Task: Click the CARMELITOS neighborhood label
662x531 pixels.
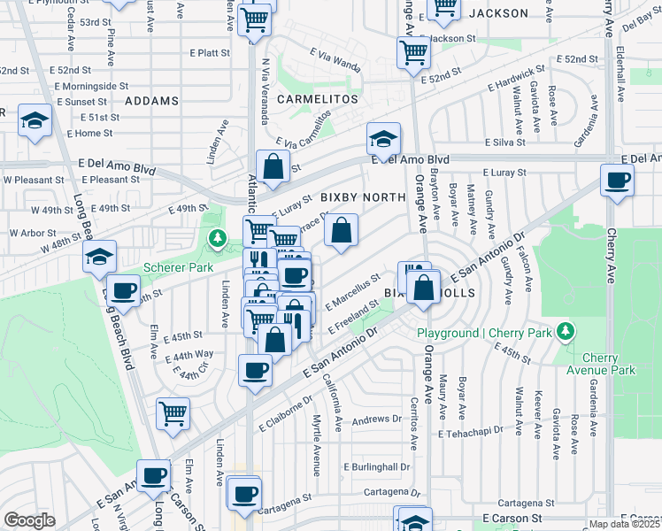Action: point(317,99)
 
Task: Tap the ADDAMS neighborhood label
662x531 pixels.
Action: point(151,101)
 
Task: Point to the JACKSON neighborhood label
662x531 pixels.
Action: point(498,13)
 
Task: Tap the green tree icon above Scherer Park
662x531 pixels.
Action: point(217,238)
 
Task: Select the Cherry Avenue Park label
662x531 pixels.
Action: point(601,364)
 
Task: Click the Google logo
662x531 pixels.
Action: point(29,520)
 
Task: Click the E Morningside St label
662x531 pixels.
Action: point(91,87)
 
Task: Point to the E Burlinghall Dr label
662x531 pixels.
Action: point(375,466)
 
